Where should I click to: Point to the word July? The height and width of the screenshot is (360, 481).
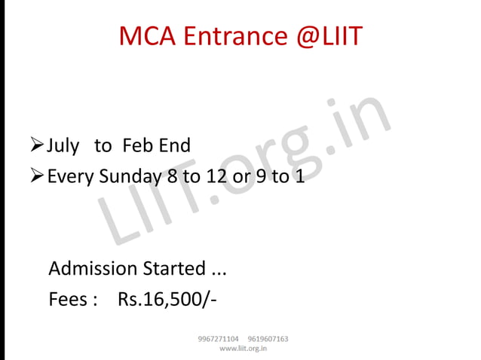coord(63,146)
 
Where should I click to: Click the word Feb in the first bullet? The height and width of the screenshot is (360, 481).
coord(138,145)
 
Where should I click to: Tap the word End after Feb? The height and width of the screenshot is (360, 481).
coord(174,145)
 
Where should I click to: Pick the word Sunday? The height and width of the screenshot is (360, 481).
coord(127,178)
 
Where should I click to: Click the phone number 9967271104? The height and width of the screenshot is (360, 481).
coord(218,339)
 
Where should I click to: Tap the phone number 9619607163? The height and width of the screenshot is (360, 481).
coord(268,339)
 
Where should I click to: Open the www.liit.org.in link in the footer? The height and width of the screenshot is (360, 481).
coord(243,349)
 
